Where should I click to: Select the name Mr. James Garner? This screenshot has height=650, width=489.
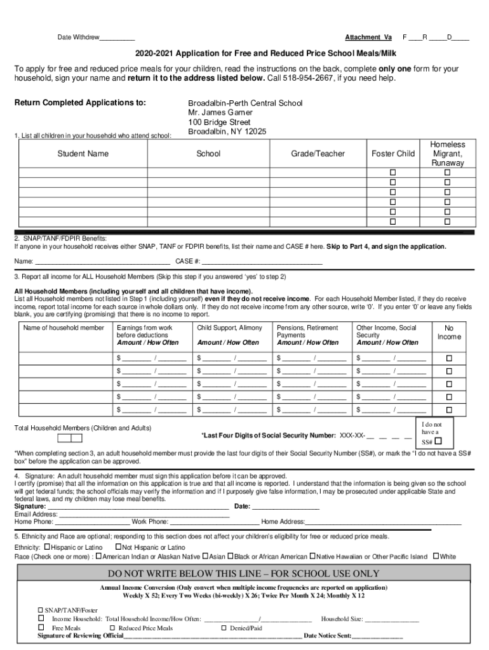(x=220, y=112)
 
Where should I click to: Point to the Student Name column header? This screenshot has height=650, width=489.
(x=83, y=154)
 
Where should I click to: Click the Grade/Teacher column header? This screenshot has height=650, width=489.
(x=318, y=154)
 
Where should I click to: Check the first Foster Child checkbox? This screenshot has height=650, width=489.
(x=392, y=173)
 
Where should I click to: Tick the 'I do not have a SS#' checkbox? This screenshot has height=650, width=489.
(x=438, y=441)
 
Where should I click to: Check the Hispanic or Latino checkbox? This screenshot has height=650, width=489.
(x=47, y=547)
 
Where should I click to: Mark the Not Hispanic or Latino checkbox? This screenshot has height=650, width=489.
(x=118, y=547)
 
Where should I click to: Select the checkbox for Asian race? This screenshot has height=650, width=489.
(x=205, y=557)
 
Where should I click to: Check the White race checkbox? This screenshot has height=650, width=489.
(x=436, y=557)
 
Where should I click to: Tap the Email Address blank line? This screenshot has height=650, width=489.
(x=139, y=514)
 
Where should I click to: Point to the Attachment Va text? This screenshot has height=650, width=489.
(x=368, y=37)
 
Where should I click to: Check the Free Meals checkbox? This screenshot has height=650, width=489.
(x=41, y=627)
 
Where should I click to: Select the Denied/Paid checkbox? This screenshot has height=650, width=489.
(x=224, y=627)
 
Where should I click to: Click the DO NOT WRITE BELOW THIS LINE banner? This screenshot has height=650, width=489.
(x=244, y=573)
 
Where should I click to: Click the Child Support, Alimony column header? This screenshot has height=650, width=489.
(x=230, y=328)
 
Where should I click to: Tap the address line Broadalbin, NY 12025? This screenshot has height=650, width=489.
(x=227, y=131)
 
